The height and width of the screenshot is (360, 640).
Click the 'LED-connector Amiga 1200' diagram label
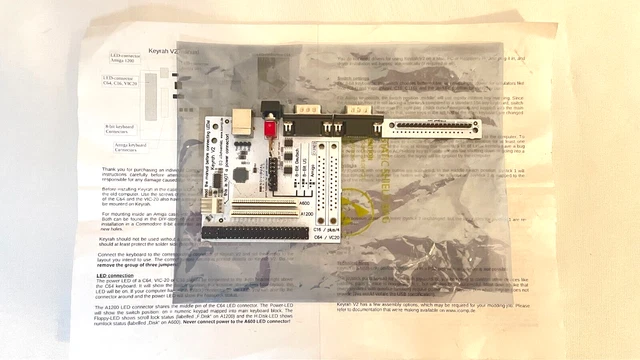126,59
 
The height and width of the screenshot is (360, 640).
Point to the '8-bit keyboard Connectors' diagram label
123,129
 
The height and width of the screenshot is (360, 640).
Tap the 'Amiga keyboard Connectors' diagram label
124,148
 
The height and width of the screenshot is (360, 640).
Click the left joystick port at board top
304,113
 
